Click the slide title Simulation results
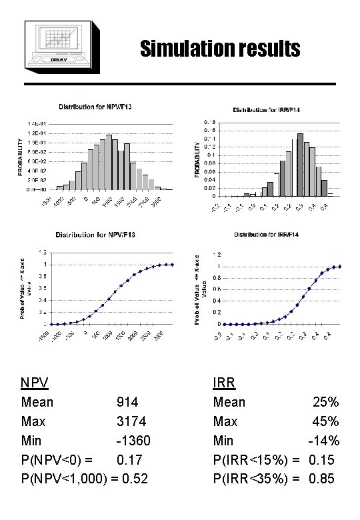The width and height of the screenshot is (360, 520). pos(220,49)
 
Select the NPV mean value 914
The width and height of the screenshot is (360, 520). pos(127,403)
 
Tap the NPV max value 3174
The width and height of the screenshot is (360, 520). pos(131,422)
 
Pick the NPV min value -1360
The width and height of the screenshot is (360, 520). pos(133,441)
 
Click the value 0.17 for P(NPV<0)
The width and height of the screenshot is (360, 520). pos(129,460)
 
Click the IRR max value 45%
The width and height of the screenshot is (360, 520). pos(327,422)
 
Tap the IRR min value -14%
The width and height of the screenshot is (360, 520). pos(324,441)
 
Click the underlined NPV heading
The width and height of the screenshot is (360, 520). pos(35,383)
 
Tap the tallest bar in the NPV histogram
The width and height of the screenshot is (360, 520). pos(109,162)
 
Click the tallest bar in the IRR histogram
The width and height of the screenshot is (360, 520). pos(300,165)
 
